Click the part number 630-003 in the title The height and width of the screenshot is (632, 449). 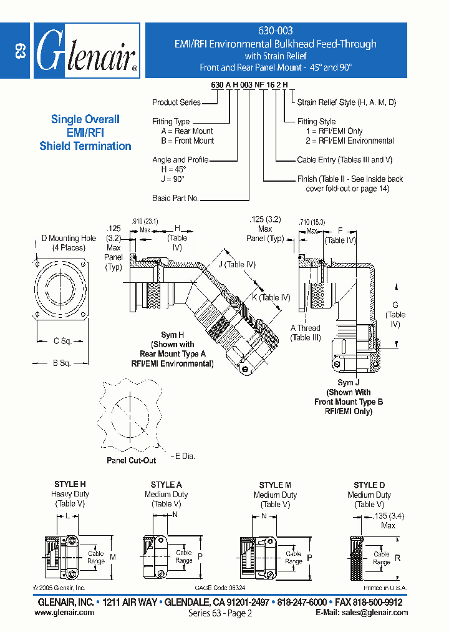(275, 31)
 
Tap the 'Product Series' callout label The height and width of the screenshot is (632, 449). (176, 102)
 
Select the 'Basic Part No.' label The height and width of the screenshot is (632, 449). (175, 198)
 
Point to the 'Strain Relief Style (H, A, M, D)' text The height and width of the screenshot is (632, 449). (346, 102)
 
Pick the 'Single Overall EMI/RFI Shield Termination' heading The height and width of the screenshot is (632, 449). (85, 132)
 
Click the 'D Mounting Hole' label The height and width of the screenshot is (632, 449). (69, 238)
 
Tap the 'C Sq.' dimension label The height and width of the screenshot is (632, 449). (64, 341)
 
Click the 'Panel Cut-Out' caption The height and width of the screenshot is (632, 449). (132, 460)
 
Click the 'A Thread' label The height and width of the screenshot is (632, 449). (305, 328)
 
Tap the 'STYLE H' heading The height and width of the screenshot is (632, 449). (70, 485)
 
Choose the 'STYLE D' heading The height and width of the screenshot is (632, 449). (369, 485)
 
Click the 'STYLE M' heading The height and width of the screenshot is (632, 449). (275, 485)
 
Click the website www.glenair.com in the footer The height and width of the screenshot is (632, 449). (64, 613)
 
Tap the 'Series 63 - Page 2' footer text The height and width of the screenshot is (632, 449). (220, 613)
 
